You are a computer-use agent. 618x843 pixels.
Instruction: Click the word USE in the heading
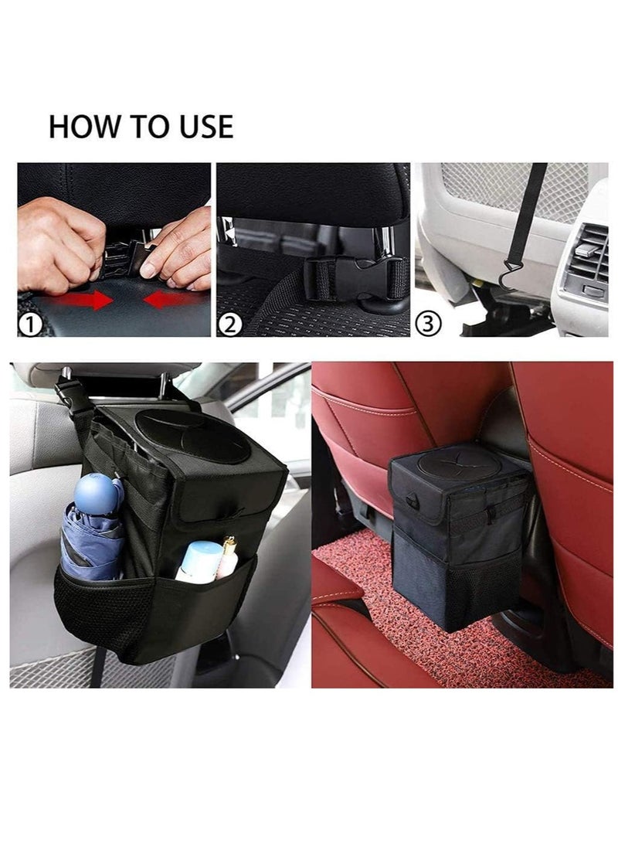(199, 127)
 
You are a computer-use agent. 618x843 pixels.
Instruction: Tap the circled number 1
(30, 325)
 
